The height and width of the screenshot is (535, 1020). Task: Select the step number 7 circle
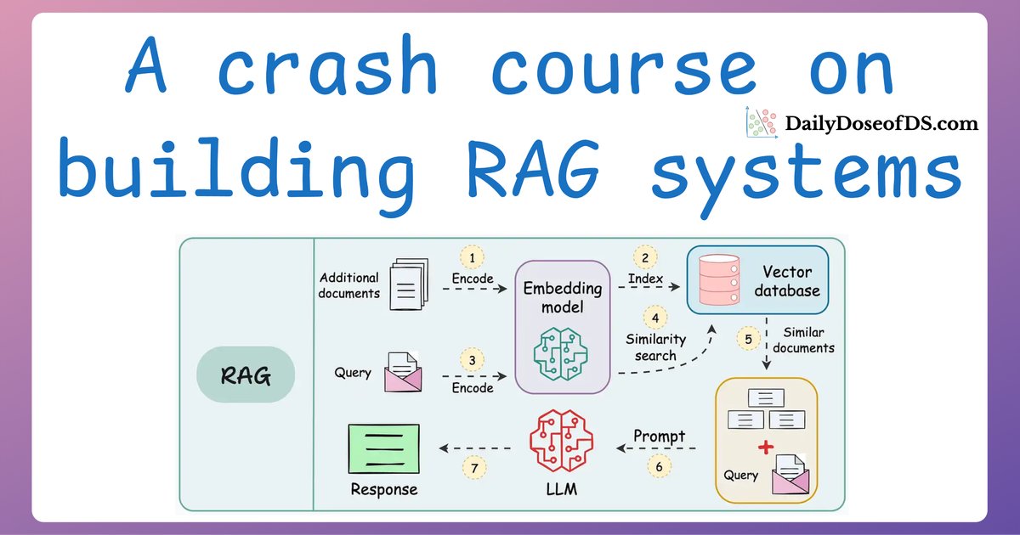point(476,467)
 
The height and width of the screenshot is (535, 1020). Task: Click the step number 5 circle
point(748,340)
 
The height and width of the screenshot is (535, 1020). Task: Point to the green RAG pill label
point(246,375)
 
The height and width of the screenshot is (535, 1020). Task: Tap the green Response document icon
point(383,448)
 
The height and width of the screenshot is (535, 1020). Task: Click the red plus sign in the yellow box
point(768,448)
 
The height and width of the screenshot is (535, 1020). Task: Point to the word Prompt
point(659,436)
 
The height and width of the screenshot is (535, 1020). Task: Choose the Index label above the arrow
point(646,279)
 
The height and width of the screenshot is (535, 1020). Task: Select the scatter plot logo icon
point(762,123)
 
